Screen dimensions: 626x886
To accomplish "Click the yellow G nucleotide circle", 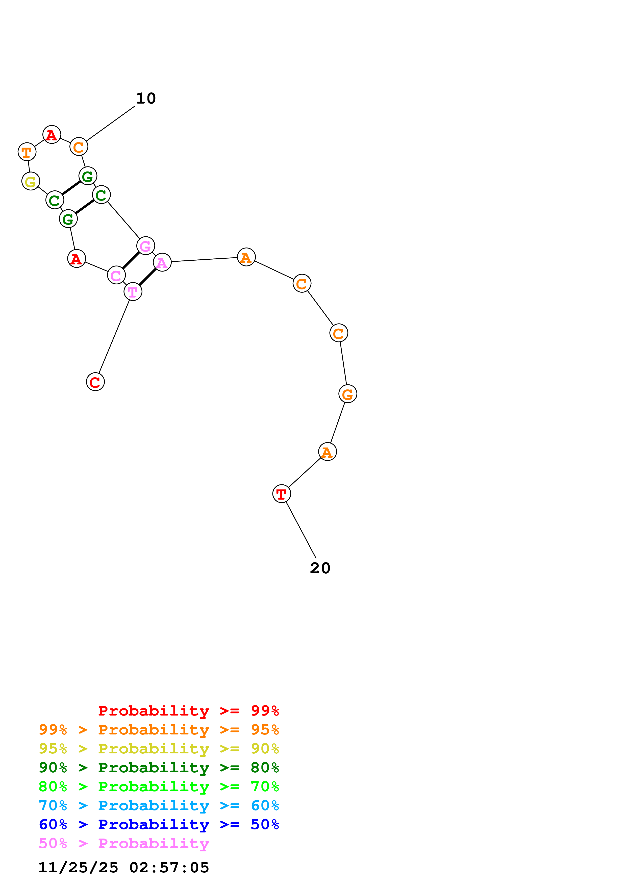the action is point(31,181).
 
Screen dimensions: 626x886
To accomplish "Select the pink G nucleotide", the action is point(145,245).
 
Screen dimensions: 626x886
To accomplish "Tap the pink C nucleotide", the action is point(116,275).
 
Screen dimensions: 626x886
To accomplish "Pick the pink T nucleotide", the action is point(133,292).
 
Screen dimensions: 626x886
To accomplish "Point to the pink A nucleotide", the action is point(162,262).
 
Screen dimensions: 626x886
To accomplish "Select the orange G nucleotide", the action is point(347,394).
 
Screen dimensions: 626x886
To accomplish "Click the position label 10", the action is point(146,99).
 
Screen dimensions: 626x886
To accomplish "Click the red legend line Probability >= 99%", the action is point(188,710).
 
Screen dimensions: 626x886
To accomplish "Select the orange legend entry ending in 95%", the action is point(159,729).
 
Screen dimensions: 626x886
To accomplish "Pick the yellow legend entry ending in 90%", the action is point(159,748).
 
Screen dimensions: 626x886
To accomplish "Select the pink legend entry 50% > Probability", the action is point(124,843).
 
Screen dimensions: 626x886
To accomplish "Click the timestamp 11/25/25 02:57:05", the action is point(124,868).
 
